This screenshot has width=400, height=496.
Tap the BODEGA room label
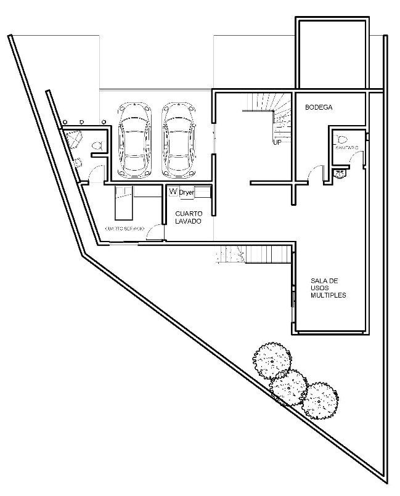pos(319,107)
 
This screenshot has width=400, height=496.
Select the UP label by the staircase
pos(277,142)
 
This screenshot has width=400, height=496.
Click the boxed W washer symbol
pos(173,192)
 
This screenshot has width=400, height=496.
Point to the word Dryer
pos(187,193)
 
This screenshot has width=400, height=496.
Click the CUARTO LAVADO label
pos(187,217)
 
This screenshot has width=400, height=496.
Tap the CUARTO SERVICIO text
pos(124,229)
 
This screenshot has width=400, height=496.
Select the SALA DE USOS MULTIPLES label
pos(328,288)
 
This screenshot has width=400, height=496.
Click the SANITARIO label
pos(347,148)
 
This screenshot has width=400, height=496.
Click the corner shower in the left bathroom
pos(73,139)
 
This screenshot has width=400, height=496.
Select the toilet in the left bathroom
pos(96,145)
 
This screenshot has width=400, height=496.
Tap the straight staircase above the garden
pos(253,254)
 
